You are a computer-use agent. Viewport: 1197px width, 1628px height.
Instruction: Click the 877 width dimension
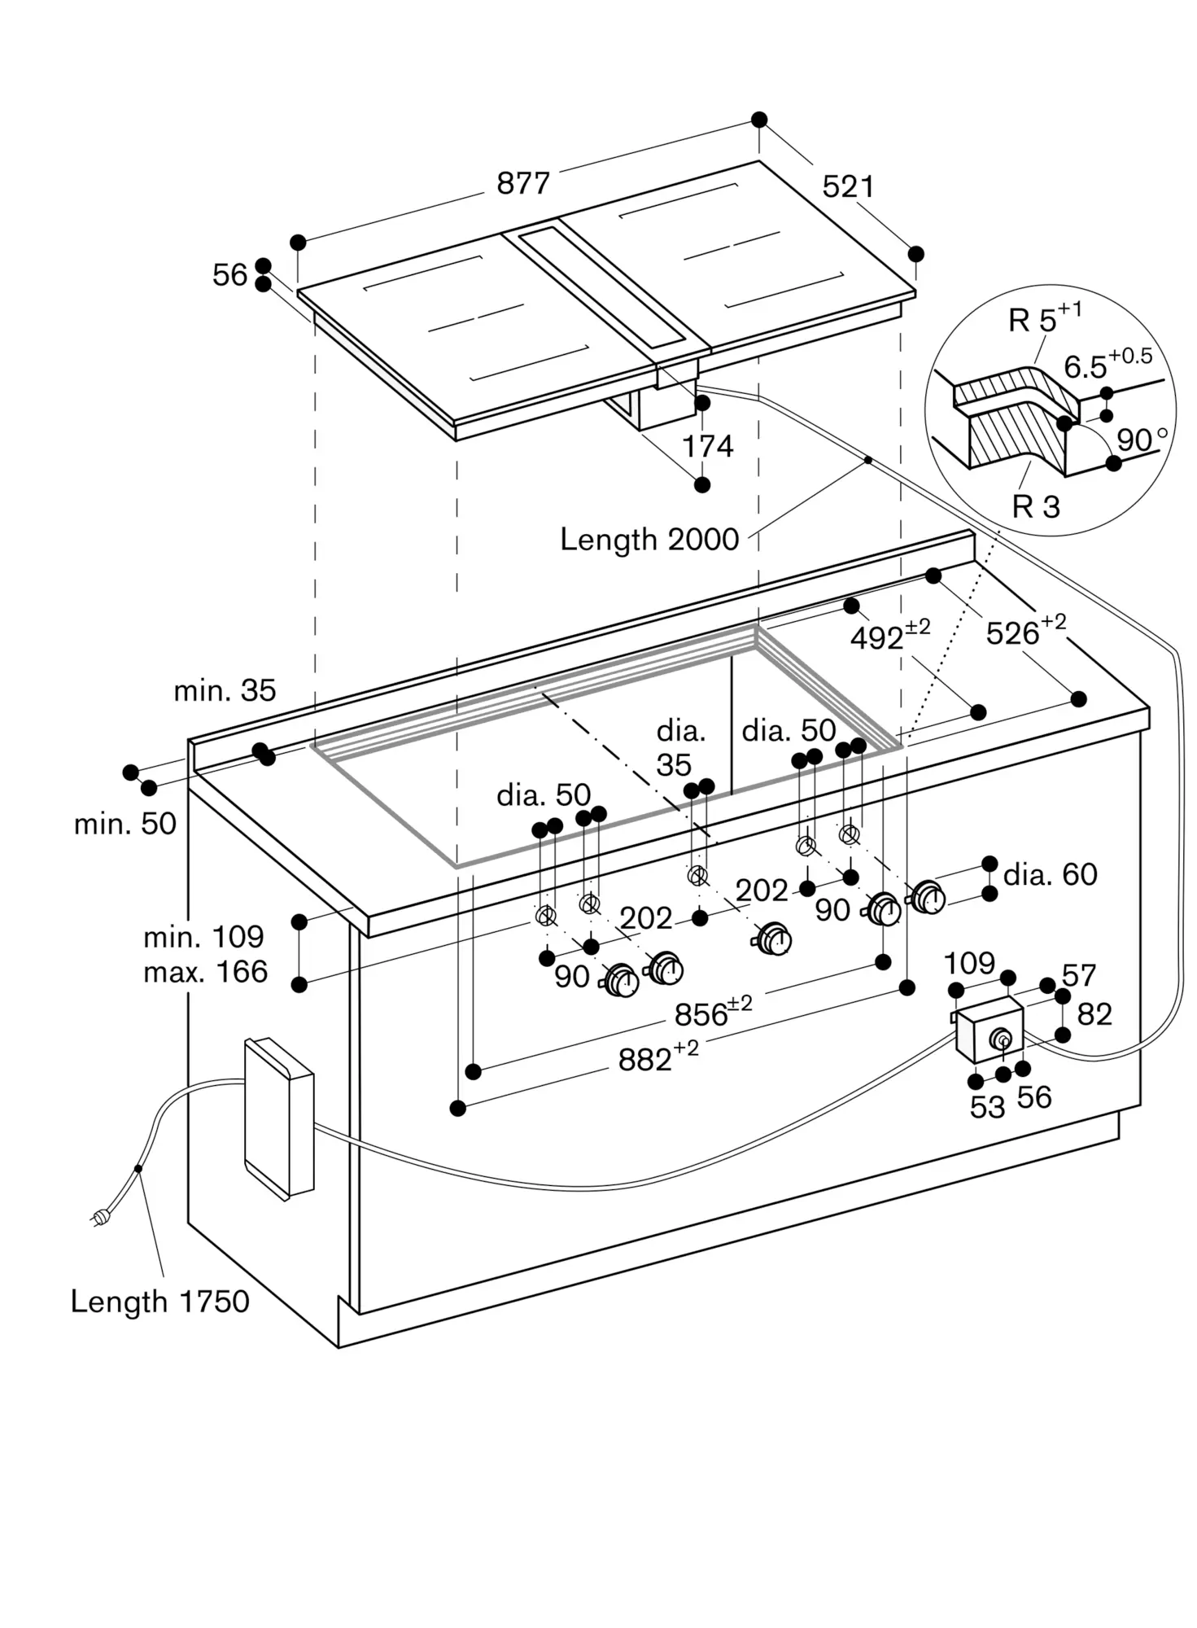click(x=523, y=183)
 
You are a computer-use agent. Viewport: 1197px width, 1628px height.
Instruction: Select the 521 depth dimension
click(x=848, y=187)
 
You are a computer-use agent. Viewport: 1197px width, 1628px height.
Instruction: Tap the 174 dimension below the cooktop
click(x=707, y=446)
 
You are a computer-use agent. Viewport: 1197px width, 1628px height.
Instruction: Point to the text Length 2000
click(x=649, y=539)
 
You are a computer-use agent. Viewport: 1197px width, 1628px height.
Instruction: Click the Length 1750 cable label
click(x=160, y=1301)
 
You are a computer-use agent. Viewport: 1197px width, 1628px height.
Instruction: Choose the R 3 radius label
click(x=1036, y=506)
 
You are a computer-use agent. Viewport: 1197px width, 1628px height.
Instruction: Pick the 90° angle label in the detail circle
click(x=1142, y=439)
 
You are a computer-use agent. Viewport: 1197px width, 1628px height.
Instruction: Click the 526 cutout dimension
click(x=1025, y=632)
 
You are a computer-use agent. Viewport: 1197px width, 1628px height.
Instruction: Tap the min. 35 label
click(x=225, y=690)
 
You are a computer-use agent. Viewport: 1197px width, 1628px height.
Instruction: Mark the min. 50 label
click(x=125, y=824)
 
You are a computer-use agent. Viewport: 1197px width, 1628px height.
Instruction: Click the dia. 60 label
click(x=1051, y=874)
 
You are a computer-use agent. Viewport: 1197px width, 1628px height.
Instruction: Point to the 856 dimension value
click(x=713, y=1013)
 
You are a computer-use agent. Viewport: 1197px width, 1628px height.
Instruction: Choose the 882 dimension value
click(x=658, y=1057)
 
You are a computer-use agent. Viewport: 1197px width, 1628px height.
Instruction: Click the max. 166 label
click(x=205, y=972)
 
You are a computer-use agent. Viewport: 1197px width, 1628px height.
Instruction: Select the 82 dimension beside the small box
click(x=1094, y=1014)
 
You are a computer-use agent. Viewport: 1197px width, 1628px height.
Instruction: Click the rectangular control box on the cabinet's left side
click(x=279, y=1118)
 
